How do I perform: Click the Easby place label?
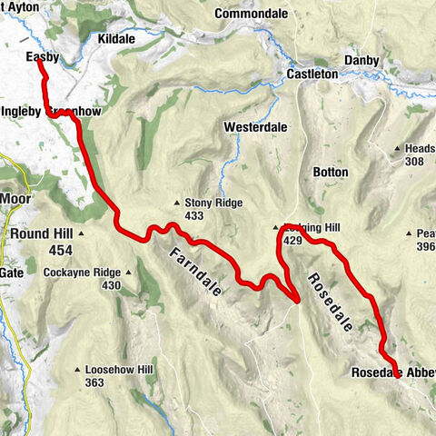tap(43, 57)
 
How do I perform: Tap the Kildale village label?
tap(117, 41)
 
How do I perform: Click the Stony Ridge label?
tap(213, 203)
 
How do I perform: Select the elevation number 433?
tap(194, 216)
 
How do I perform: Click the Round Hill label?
tap(42, 233)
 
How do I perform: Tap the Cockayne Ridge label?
tap(82, 272)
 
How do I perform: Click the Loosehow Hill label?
tap(119, 371)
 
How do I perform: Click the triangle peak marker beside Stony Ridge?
tap(177, 203)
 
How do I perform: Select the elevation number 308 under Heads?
tap(415, 161)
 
